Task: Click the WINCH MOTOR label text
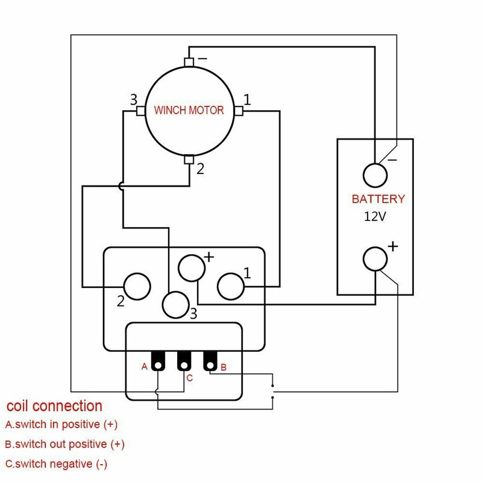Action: (189, 110)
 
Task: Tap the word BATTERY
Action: (378, 199)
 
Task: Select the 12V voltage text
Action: (374, 216)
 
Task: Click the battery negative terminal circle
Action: (375, 175)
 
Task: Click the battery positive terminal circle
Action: (375, 259)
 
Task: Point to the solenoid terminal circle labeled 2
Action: (136, 286)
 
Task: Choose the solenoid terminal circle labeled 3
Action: (176, 304)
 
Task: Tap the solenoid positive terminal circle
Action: (192, 268)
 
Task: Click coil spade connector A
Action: (158, 361)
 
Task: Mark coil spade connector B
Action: (209, 361)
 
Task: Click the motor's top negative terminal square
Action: (189, 62)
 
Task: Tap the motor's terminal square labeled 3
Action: (140, 111)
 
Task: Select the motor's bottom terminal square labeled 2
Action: (189, 160)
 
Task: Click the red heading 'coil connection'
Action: (54, 405)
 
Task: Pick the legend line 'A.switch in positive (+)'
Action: (61, 424)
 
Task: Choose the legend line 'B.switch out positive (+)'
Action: (64, 445)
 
